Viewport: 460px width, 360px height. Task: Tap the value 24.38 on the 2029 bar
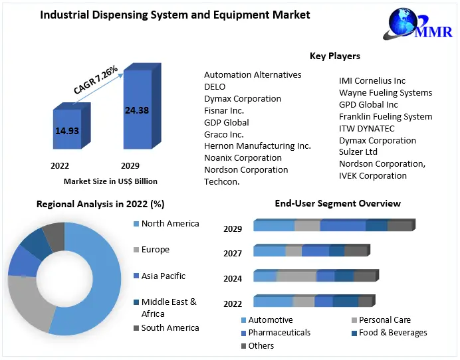pos(137,110)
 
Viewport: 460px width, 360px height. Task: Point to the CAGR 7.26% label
pos(95,79)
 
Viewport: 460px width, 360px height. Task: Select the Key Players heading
pos(335,56)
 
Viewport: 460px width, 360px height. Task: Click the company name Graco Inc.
pos(224,134)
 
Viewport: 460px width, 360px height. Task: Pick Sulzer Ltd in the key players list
pos(358,152)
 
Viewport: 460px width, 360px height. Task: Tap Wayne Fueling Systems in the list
pos(386,92)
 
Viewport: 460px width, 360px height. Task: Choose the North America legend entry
pos(170,224)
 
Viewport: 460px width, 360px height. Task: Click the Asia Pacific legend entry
pos(163,276)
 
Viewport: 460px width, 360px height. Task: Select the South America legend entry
pos(170,327)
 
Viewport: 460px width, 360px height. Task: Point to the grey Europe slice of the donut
pos(30,302)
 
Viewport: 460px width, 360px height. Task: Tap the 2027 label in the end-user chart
pos(233,253)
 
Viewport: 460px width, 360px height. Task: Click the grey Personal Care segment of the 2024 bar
pos(296,276)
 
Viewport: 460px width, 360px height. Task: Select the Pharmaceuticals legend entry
pos(279,332)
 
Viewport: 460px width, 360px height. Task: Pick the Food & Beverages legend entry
pos(393,332)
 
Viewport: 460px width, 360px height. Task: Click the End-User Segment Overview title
pos(338,203)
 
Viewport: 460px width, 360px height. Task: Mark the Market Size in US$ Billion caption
pos(110,181)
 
